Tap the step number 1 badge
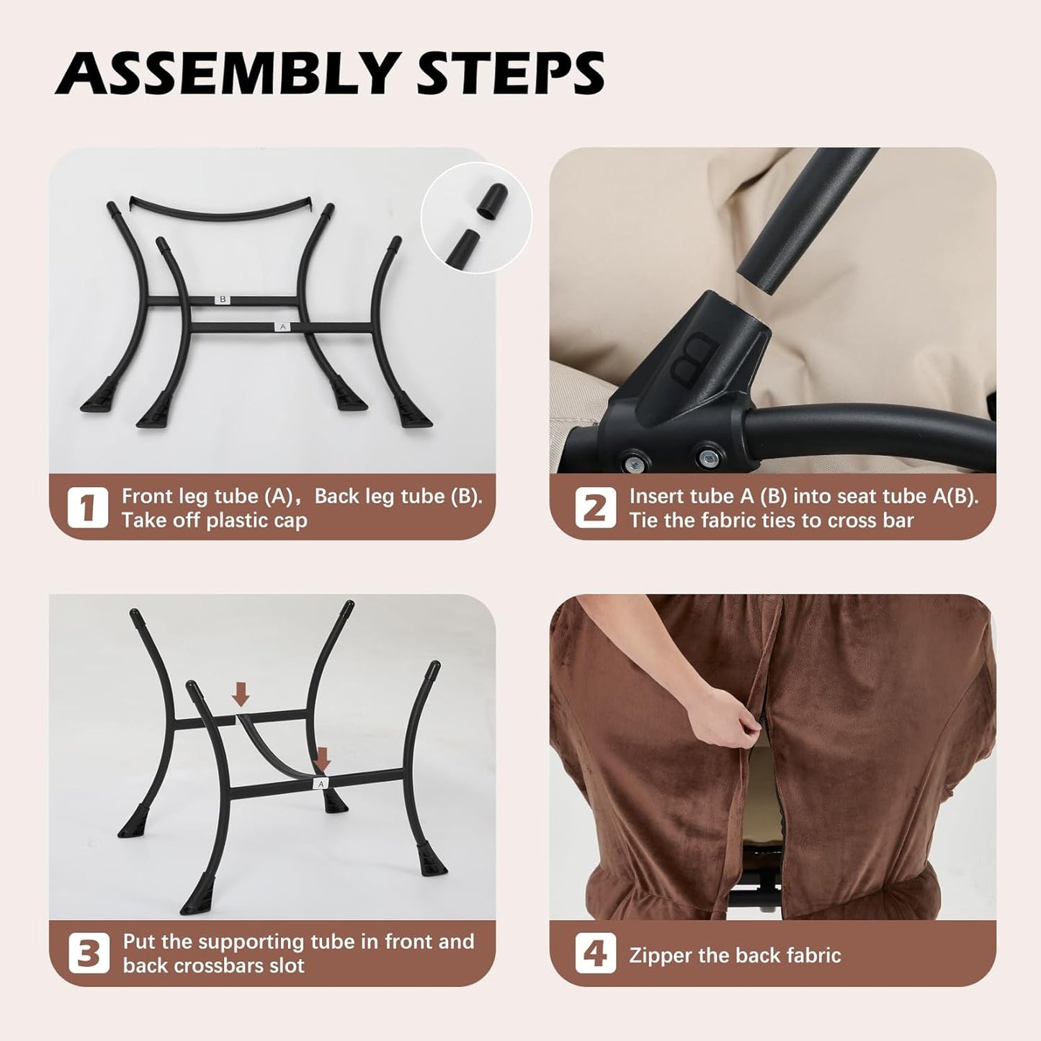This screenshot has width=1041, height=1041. [x=87, y=508]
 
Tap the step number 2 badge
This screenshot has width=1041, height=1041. [x=595, y=508]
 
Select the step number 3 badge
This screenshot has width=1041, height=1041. [x=89, y=953]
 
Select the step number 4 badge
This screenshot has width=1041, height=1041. [x=595, y=953]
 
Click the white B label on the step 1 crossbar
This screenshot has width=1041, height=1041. [x=223, y=299]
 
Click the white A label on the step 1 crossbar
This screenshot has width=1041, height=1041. [x=282, y=327]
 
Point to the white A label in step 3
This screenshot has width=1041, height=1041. [x=321, y=783]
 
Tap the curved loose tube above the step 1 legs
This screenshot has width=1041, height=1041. [x=222, y=210]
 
